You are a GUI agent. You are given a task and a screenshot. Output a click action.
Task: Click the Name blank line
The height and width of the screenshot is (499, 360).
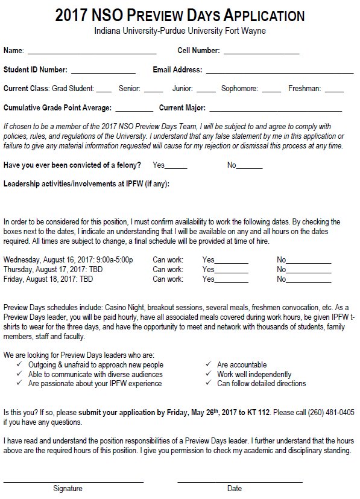tap(92, 52)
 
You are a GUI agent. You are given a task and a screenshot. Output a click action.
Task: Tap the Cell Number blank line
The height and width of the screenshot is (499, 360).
tap(261, 52)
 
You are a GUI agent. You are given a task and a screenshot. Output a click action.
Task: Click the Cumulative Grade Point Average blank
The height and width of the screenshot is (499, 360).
tap(134, 110)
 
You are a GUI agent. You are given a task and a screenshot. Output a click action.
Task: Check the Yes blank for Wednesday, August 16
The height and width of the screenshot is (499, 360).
tap(232, 261)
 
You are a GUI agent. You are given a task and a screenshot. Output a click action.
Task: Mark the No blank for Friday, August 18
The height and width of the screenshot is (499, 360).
tap(308, 281)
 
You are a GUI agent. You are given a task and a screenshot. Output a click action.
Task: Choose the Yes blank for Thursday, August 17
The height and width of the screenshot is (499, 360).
tap(232, 272)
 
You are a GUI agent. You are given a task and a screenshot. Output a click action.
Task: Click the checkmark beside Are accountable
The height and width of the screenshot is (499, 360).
tap(208, 364)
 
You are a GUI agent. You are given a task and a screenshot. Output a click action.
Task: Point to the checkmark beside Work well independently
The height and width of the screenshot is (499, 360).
tap(208, 374)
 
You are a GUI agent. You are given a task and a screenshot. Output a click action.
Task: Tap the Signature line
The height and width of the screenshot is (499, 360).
tap(73, 481)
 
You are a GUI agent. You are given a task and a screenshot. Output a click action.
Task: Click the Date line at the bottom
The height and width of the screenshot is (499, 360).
tap(239, 481)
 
